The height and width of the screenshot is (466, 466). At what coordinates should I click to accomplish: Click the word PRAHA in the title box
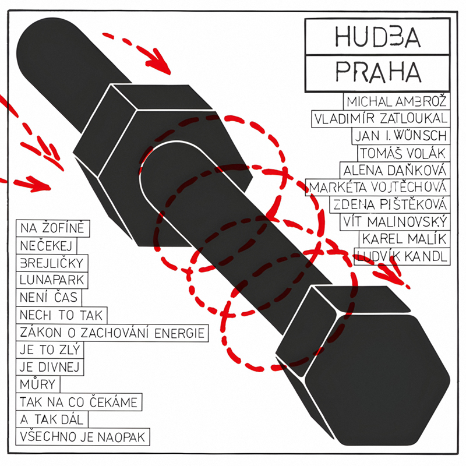377,72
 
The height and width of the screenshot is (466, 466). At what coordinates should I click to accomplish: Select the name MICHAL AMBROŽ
397,101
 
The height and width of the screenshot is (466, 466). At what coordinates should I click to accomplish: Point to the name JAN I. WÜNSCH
401,136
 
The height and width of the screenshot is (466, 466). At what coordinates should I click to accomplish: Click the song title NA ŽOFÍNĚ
52,227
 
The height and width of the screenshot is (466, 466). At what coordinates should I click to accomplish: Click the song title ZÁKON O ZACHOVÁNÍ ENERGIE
111,333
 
